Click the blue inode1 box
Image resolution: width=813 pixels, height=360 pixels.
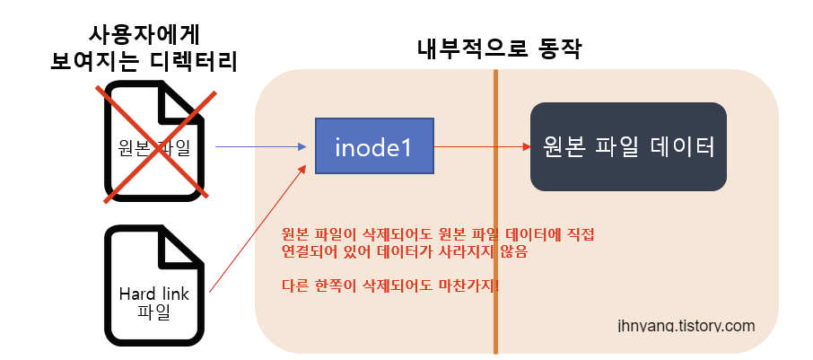(374, 145)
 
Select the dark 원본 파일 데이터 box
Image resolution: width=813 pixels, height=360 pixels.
(628, 146)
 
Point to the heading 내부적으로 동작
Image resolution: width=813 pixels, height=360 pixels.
(500, 50)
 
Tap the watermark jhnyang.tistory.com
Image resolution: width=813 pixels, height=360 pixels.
(686, 325)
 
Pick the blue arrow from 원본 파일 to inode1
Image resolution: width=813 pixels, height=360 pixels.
(260, 145)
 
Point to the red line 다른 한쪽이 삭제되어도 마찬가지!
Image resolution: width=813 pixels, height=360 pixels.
(390, 286)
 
